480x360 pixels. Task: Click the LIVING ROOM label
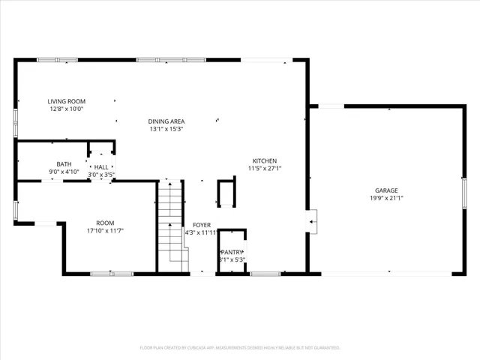(x=66, y=101)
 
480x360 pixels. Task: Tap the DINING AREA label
(x=166, y=121)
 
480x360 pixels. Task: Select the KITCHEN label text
(x=265, y=161)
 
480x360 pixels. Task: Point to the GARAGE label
(x=386, y=190)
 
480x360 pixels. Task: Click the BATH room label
(x=64, y=165)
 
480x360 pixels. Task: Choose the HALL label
(x=100, y=168)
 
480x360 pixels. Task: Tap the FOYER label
(x=202, y=225)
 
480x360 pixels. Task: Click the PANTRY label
(x=232, y=252)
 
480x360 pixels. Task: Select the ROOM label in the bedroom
(x=105, y=223)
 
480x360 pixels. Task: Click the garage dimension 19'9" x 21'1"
(x=386, y=199)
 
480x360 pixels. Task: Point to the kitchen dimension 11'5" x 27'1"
(x=265, y=169)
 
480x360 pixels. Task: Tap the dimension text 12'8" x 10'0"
(x=66, y=109)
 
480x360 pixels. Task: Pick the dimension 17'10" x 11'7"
(x=105, y=230)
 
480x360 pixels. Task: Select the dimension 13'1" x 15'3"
(x=166, y=129)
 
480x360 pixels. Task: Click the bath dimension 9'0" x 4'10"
(x=64, y=172)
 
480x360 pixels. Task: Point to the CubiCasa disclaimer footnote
(x=240, y=348)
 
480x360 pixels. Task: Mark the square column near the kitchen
(x=226, y=193)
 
